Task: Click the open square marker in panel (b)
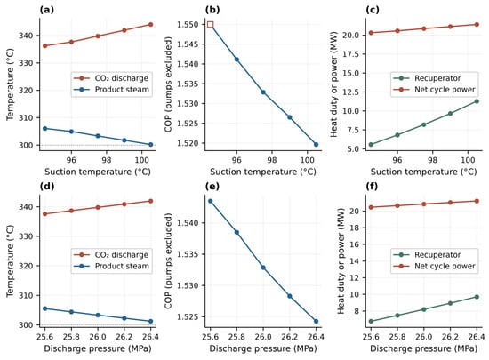pyautogui.click(x=210, y=25)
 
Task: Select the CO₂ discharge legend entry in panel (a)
pyautogui.click(x=111, y=78)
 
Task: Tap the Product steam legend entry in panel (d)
pyautogui.click(x=111, y=266)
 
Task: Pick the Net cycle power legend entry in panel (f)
pyautogui.click(x=435, y=266)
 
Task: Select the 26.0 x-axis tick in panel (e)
pyautogui.click(x=263, y=337)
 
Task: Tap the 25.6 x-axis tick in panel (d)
pyautogui.click(x=45, y=337)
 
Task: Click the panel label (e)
pyautogui.click(x=212, y=187)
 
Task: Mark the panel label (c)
pyautogui.click(x=373, y=10)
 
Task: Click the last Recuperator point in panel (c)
pyautogui.click(x=477, y=101)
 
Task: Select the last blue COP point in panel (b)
pyautogui.click(x=316, y=144)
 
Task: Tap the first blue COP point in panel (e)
pyautogui.click(x=210, y=201)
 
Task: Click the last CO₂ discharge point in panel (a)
pyautogui.click(x=150, y=24)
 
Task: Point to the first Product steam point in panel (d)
pyautogui.click(x=45, y=308)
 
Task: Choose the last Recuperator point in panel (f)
pyautogui.click(x=477, y=297)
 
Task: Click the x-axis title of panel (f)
pyautogui.click(x=423, y=348)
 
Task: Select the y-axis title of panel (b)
pyautogui.click(x=168, y=84)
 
